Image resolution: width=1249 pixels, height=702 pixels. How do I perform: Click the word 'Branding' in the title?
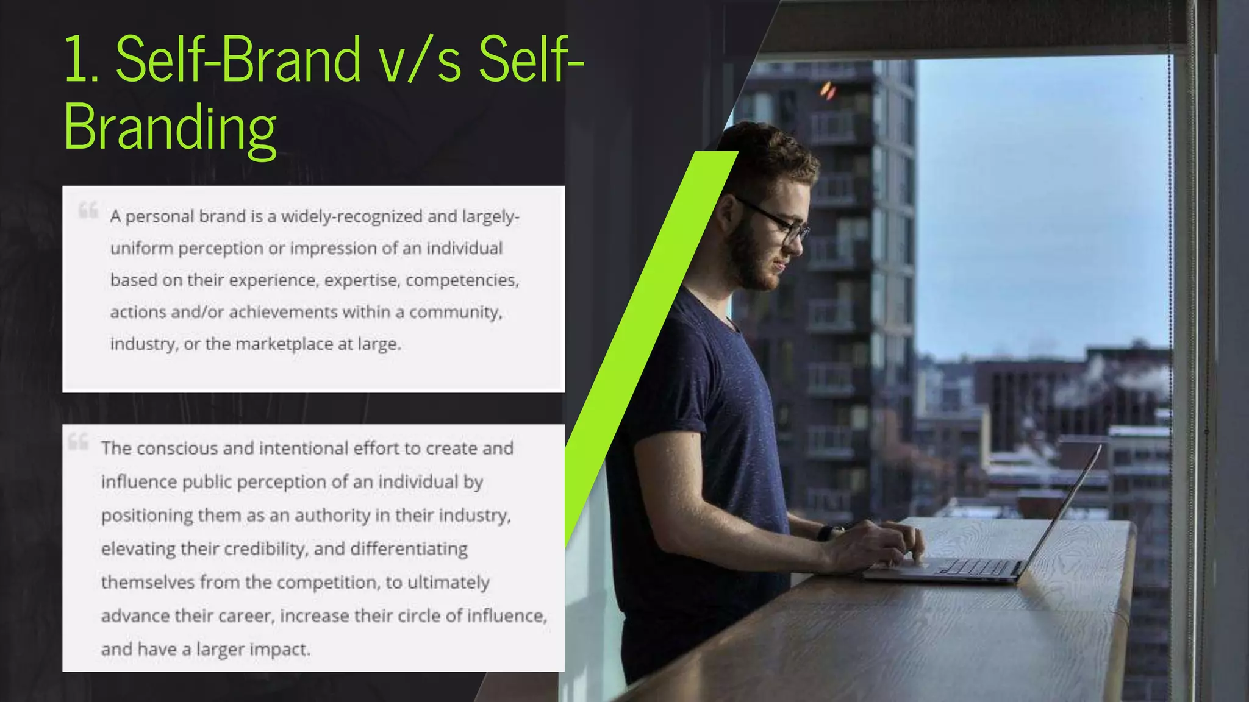(x=170, y=128)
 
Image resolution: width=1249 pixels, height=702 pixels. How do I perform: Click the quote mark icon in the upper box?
(x=88, y=210)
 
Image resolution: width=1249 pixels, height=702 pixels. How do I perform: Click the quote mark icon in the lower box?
(x=78, y=441)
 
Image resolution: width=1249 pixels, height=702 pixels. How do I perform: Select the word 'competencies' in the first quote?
(x=461, y=280)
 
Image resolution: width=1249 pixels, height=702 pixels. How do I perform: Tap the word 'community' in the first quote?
(x=454, y=312)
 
